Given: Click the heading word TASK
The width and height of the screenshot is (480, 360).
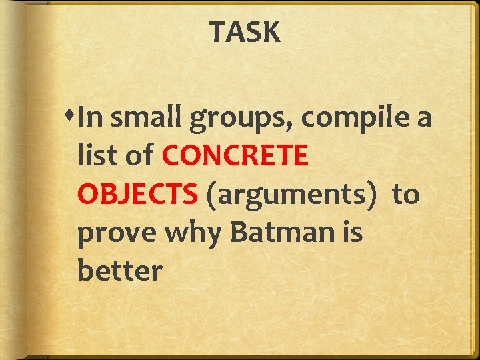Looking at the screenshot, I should pos(245,32).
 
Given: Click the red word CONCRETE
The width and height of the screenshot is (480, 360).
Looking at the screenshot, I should pos(235,157).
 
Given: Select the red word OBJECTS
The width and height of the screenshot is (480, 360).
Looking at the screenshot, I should pos(137,195).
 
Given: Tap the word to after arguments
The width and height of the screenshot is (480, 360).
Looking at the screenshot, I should pos(405,195).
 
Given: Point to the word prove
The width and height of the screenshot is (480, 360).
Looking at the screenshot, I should pos(115,234).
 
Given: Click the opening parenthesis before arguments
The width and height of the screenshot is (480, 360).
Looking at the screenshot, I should pos(211,195).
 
